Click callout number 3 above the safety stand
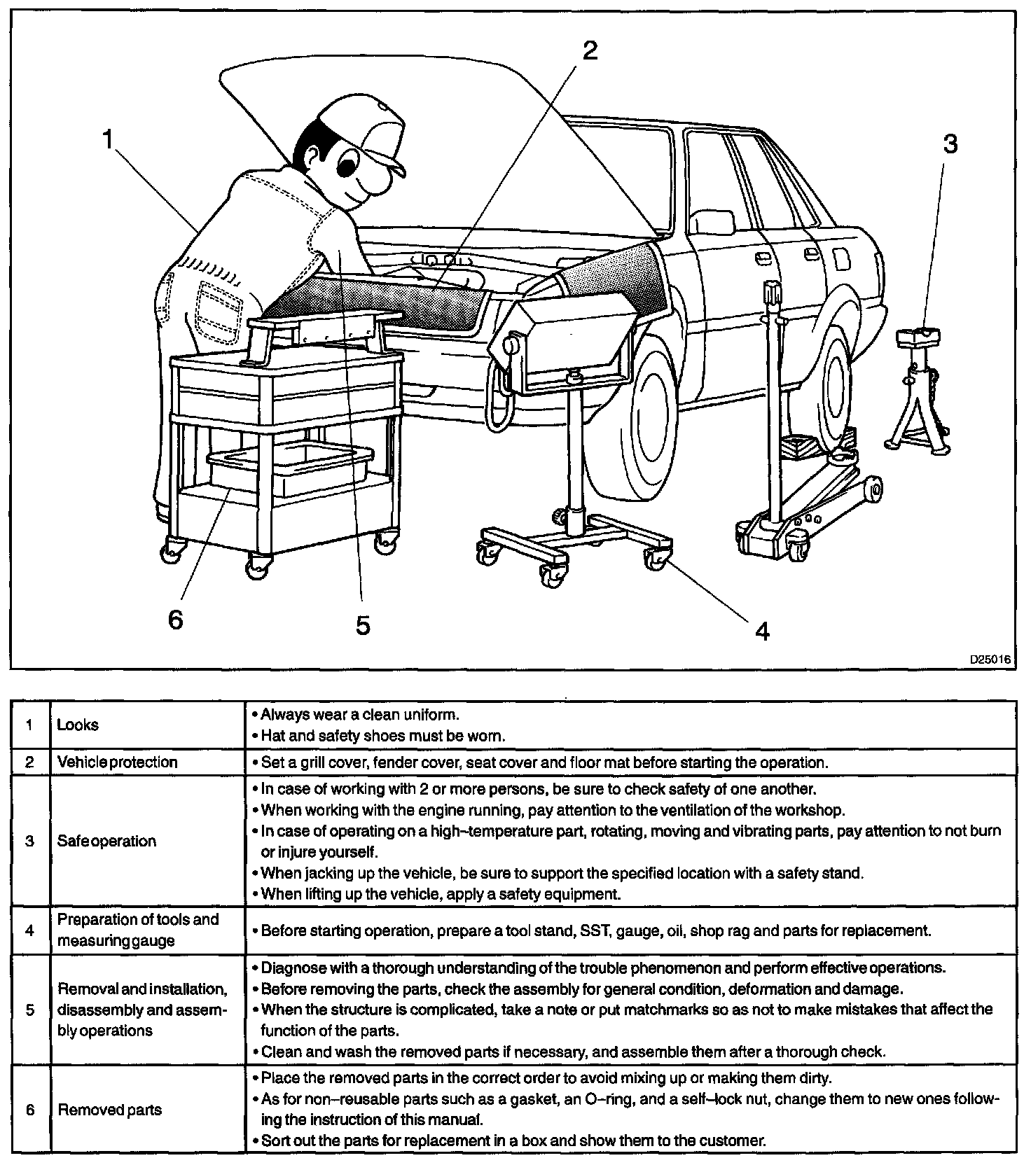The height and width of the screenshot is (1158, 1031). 949,144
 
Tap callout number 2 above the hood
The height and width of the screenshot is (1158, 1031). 590,50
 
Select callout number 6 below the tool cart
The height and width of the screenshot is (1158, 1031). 175,619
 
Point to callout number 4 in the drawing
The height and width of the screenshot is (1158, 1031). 762,632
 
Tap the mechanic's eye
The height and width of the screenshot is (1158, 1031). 347,166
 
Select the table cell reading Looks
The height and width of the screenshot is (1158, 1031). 78,725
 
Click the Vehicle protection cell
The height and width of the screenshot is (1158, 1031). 117,762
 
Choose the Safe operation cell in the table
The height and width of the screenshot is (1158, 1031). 106,841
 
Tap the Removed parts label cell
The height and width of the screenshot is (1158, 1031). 109,1110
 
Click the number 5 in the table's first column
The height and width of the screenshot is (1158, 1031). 29,1010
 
